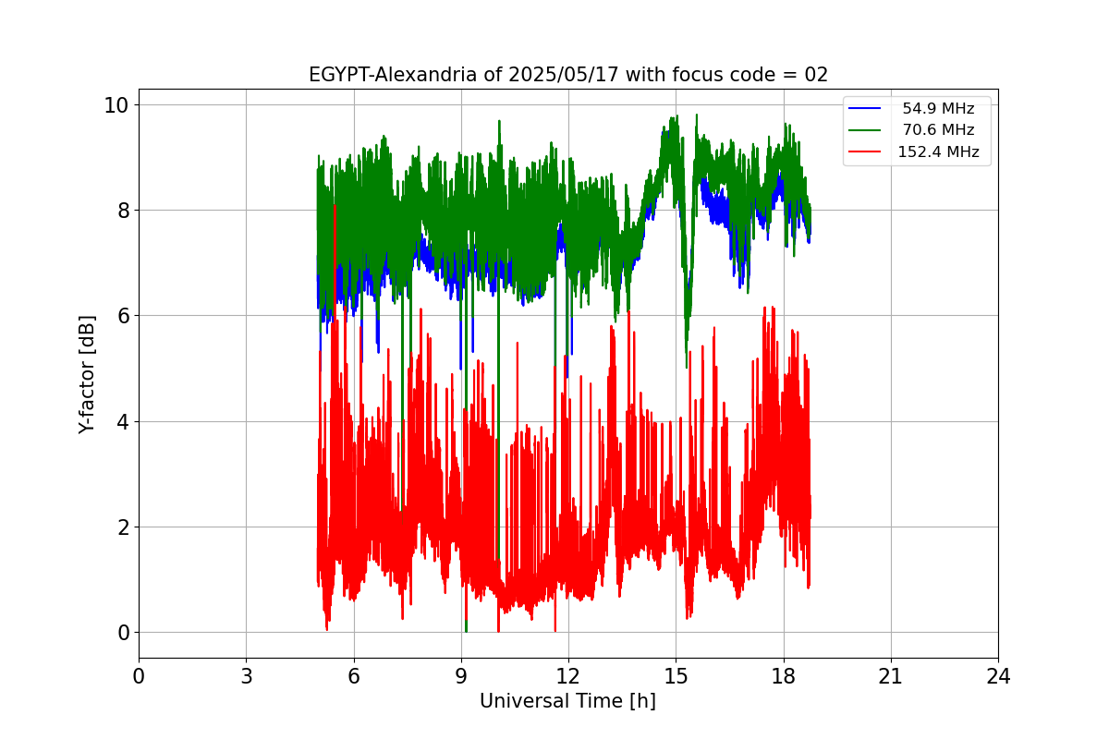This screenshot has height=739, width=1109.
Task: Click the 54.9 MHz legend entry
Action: [938, 109]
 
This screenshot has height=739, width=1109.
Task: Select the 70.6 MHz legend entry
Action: [938, 130]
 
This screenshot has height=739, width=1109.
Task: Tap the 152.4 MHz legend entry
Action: [938, 152]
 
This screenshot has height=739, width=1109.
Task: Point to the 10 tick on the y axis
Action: [116, 104]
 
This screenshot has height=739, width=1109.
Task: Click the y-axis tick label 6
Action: [122, 316]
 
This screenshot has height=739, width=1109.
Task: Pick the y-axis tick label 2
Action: [122, 527]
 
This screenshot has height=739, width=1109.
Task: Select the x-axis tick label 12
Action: [567, 677]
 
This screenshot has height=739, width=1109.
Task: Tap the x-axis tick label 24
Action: [997, 677]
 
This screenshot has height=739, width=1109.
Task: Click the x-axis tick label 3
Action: [246, 677]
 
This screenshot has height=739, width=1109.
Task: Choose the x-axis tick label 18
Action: [783, 677]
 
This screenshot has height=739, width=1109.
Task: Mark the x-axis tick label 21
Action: [890, 677]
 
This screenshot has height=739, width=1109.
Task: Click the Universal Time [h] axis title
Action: [567, 702]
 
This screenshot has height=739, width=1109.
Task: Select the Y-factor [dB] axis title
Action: [88, 374]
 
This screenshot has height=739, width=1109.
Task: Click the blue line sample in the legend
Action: [864, 109]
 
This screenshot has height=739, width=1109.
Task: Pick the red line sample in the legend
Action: [864, 152]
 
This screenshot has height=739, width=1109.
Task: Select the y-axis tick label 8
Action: [122, 211]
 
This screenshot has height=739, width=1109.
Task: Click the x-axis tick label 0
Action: [139, 677]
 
